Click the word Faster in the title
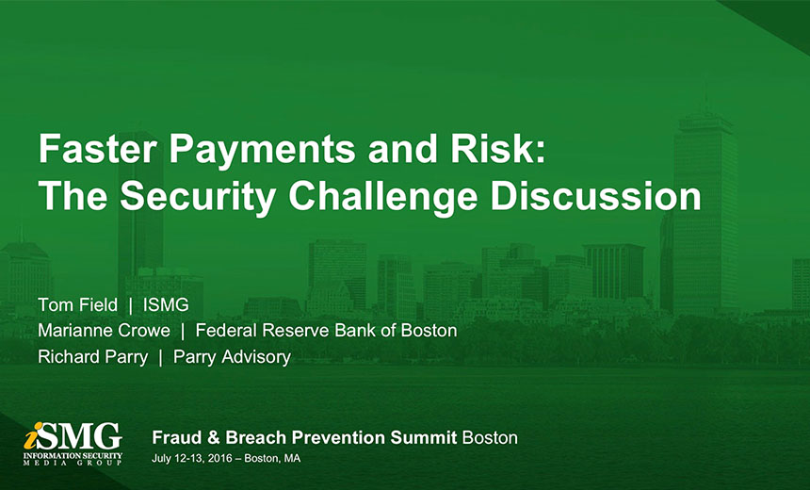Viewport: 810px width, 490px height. click(97, 149)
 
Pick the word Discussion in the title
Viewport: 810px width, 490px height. click(595, 196)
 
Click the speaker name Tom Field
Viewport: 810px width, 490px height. click(77, 305)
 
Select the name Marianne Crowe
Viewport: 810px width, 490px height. click(104, 331)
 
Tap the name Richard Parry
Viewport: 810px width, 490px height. click(93, 357)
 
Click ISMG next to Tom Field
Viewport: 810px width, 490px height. click(166, 305)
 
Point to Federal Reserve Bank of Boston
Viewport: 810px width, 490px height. click(326, 331)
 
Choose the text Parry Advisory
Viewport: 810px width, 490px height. click(232, 357)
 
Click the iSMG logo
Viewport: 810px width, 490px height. click(73, 444)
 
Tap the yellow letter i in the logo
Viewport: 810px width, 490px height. click(31, 437)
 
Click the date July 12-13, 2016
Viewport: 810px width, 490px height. click(191, 459)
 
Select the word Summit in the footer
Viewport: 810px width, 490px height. click(424, 438)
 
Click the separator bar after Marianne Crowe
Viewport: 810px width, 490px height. click(183, 332)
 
